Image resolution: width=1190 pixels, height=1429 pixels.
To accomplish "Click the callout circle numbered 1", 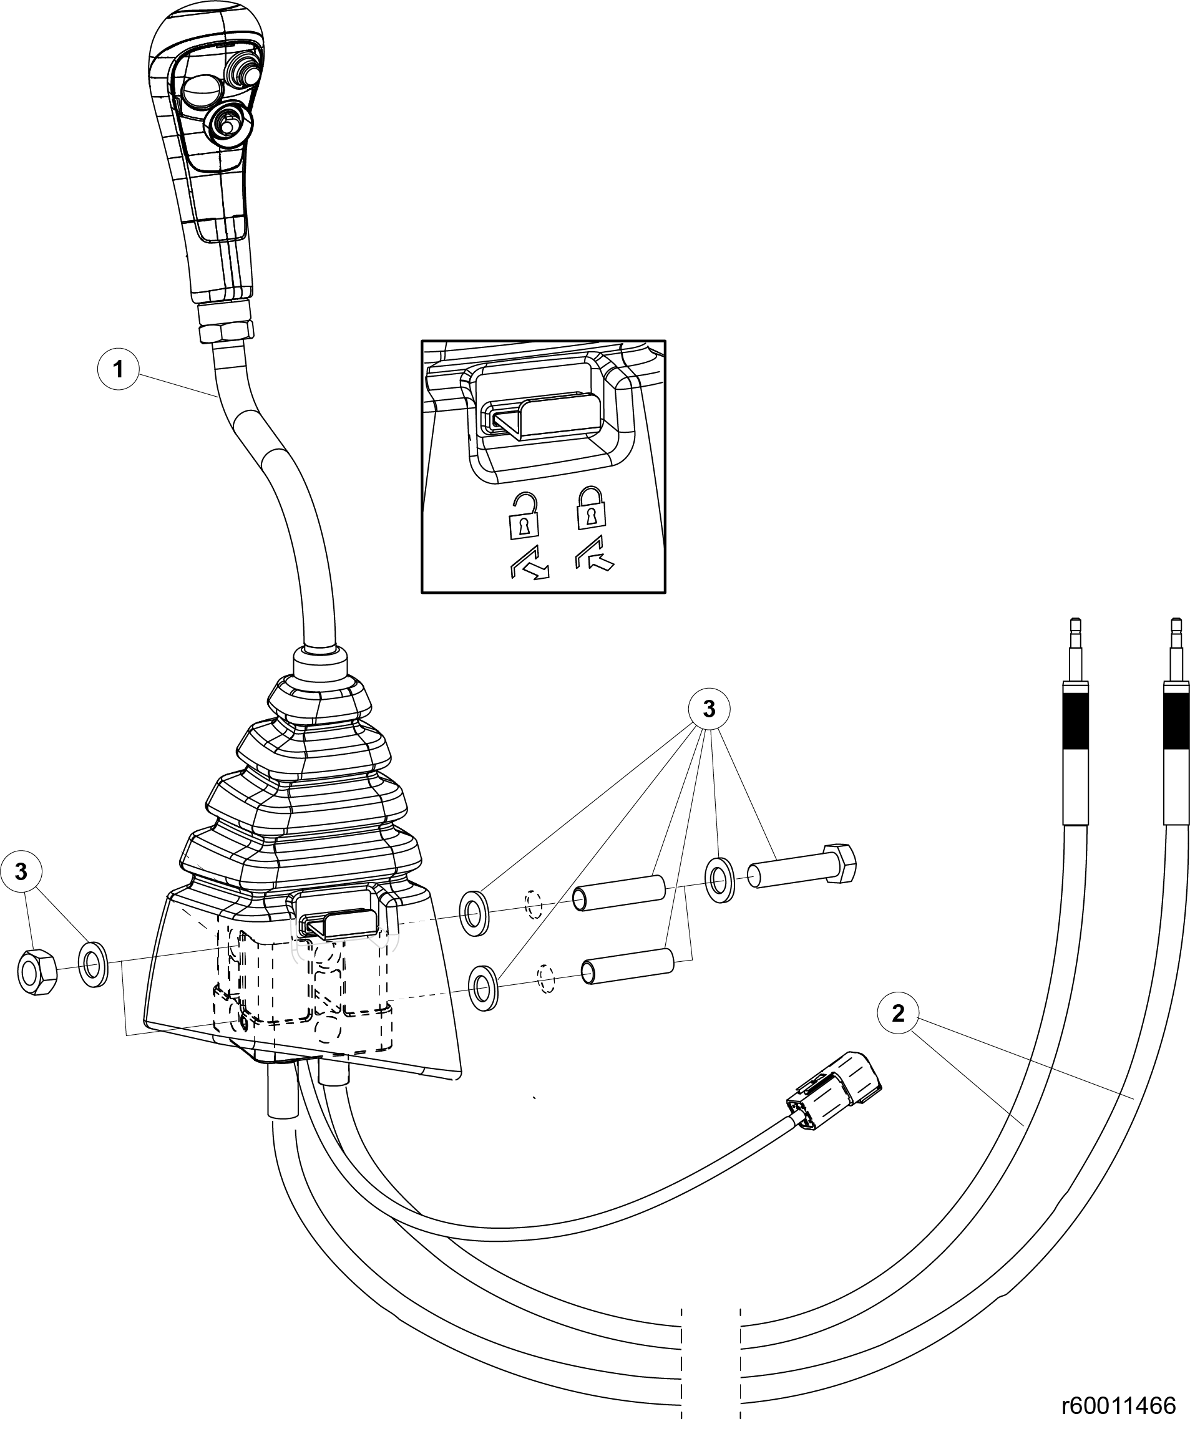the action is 119,369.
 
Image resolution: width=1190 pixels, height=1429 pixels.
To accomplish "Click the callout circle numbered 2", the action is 898,1013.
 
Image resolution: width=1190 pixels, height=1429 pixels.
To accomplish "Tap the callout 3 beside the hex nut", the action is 21,872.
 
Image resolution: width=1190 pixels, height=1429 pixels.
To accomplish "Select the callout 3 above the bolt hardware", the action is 709,710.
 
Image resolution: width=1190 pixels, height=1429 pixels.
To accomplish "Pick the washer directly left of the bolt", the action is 719,880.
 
